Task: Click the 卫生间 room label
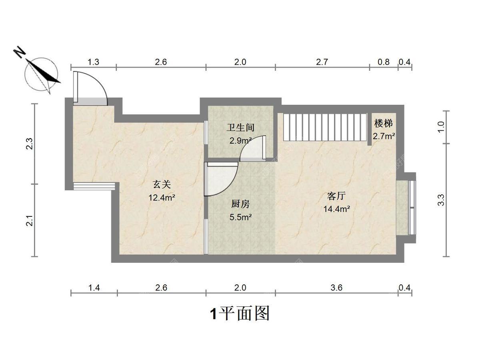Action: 240,128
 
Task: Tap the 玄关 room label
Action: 162,184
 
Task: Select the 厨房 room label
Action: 240,204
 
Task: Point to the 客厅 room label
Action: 336,196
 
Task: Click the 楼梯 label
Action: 384,124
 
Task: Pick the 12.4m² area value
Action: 162,198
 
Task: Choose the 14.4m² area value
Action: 336,209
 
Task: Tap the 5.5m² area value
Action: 240,217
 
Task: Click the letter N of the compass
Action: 19,52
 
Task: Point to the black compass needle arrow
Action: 43,71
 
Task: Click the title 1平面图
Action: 240,314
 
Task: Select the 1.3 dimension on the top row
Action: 93,62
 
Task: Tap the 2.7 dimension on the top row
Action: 322,62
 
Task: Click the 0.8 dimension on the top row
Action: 384,62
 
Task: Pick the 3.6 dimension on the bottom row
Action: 336,288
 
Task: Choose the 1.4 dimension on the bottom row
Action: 94,288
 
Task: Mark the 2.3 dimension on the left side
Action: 29,144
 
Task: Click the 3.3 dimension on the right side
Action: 441,200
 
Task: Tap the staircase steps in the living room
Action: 325,127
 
